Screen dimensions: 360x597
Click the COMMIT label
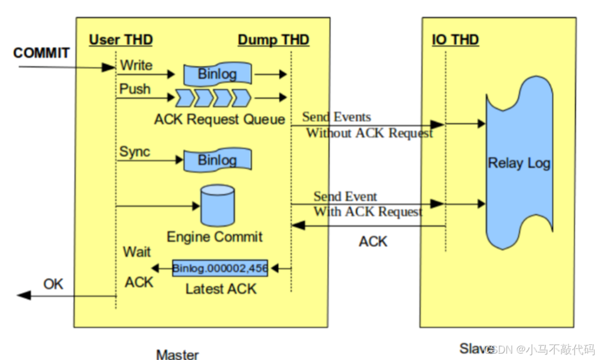click(41, 53)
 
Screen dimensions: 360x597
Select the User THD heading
click(121, 40)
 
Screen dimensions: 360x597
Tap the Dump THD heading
click(274, 40)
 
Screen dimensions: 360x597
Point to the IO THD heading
click(455, 40)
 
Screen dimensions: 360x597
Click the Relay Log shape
click(519, 163)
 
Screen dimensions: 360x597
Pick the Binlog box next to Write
click(218, 74)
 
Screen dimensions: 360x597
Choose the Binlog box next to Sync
click(218, 160)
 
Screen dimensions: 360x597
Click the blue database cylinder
click(217, 206)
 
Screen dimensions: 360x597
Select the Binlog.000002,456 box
click(220, 268)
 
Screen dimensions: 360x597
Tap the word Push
click(135, 89)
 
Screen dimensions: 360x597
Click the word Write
click(136, 66)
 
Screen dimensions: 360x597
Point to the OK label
click(53, 284)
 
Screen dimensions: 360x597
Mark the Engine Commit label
click(214, 237)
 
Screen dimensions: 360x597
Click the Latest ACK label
click(221, 289)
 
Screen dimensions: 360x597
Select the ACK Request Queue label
click(220, 120)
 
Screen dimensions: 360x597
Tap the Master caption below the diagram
click(177, 354)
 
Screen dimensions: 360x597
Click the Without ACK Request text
click(369, 133)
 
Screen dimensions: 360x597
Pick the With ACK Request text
click(368, 211)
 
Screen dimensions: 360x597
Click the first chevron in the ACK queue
click(184, 98)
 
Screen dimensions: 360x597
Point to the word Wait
click(137, 252)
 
